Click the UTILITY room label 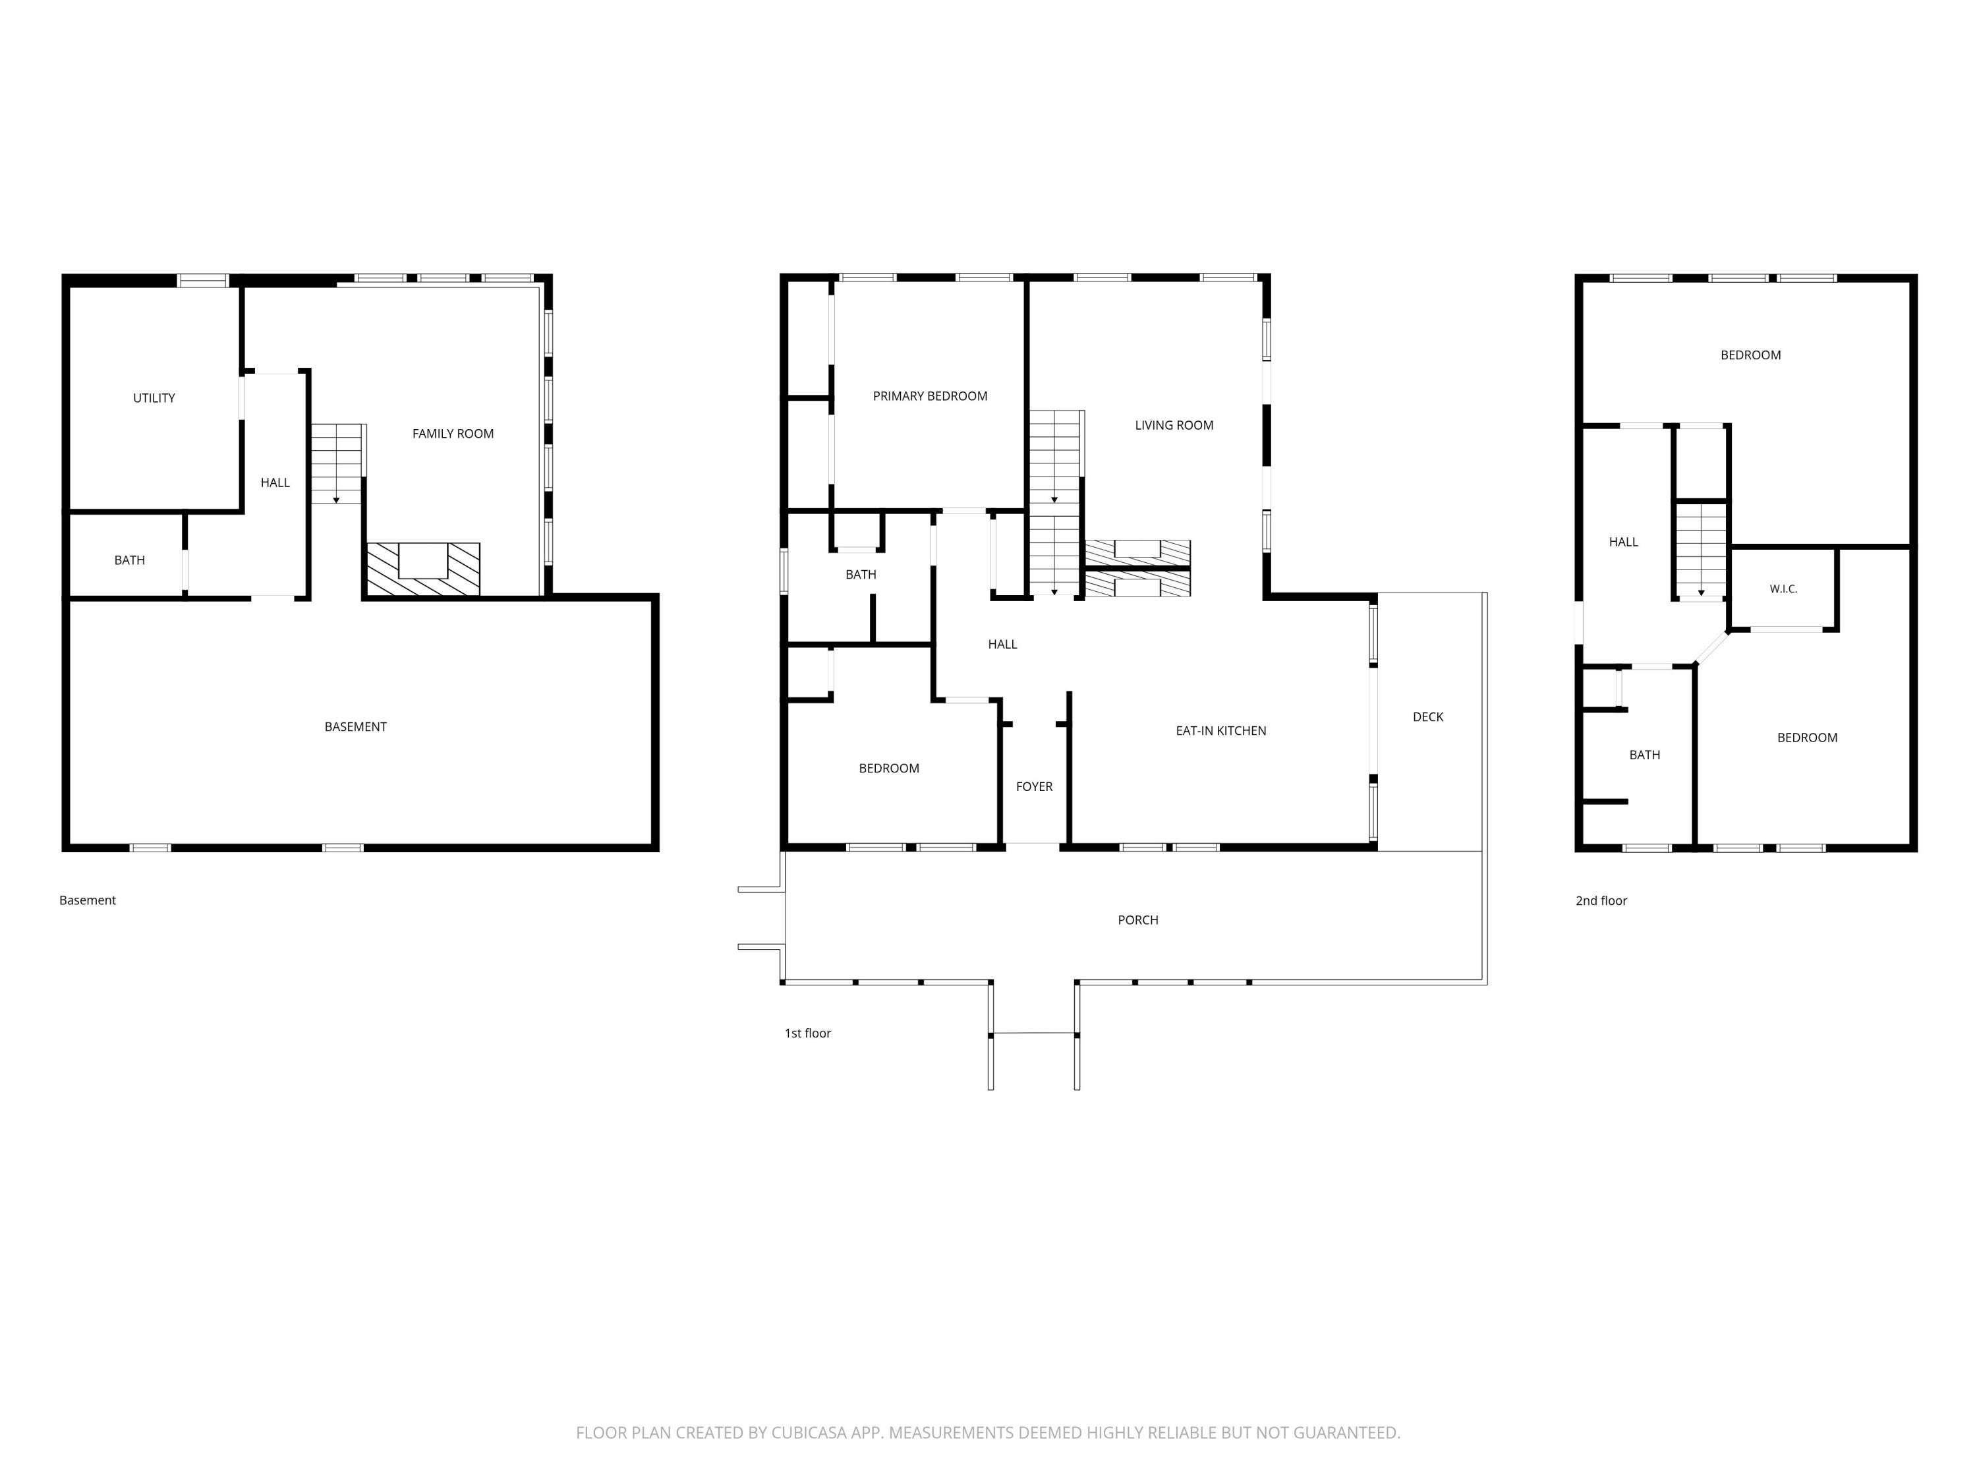(154, 398)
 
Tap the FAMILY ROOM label (453, 434)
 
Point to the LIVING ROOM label (1174, 426)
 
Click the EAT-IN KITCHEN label (1221, 730)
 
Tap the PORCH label (1137, 920)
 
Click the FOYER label (1034, 786)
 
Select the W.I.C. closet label (1783, 589)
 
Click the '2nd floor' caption (1601, 900)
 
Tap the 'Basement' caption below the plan (88, 900)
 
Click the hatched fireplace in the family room (424, 569)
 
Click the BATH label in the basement (130, 560)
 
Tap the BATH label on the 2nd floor (1644, 755)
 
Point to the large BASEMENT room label (356, 727)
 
